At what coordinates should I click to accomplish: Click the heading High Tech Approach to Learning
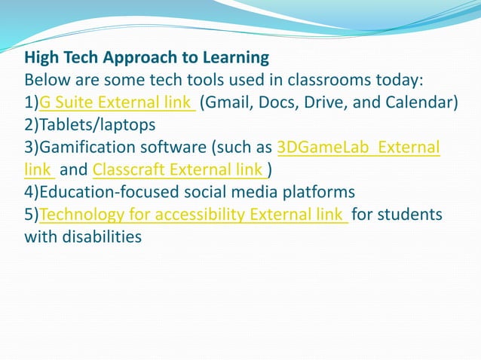pyautogui.click(x=146, y=57)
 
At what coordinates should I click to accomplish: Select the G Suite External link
pyautogui.click(x=117, y=102)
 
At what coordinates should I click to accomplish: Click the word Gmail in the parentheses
pyautogui.click(x=227, y=102)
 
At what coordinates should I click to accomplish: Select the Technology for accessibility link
pyautogui.click(x=193, y=215)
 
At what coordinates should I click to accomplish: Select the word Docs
pyautogui.click(x=275, y=102)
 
